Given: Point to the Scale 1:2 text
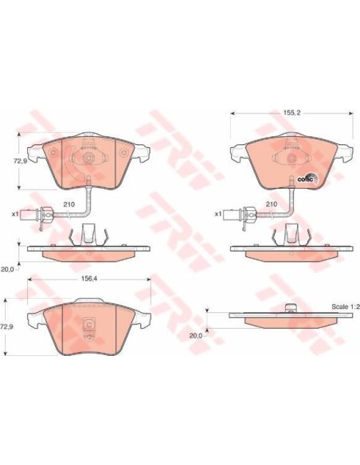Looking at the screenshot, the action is click(345, 307).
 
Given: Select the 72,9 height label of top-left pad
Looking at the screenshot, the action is click(18, 161).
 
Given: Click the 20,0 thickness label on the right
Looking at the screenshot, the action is click(196, 336).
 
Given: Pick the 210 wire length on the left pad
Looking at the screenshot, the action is click(68, 204).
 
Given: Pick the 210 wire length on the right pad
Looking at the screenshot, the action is click(271, 204).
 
